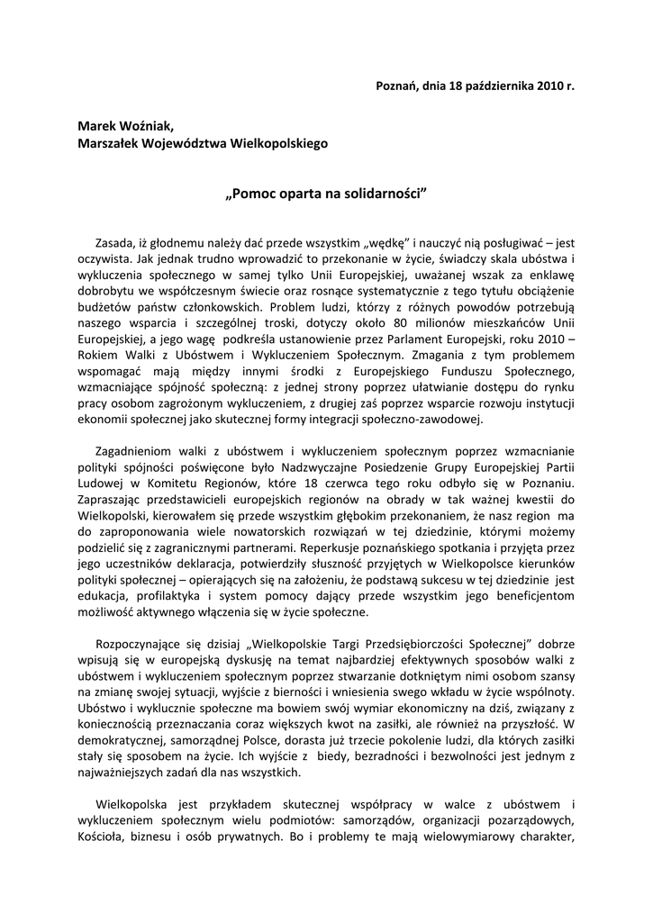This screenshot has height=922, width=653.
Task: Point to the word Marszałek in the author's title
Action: (x=110, y=142)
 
